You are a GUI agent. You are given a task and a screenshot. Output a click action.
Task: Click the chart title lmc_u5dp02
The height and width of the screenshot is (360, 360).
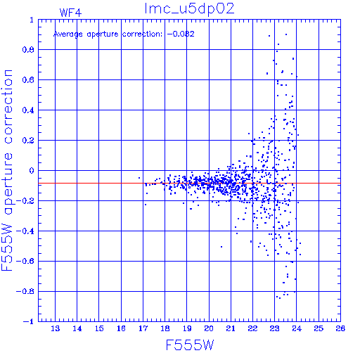[189, 9]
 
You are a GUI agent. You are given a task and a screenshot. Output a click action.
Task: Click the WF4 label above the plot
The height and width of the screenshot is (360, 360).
[70, 13]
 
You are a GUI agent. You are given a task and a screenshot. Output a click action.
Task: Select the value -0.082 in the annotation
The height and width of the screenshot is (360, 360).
[181, 34]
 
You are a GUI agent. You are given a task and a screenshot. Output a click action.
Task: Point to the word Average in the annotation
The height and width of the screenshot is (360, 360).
[68, 34]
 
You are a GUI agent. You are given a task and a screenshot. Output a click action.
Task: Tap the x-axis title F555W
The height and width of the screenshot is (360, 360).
[190, 345]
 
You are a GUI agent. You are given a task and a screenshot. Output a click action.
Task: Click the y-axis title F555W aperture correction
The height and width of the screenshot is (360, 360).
[7, 170]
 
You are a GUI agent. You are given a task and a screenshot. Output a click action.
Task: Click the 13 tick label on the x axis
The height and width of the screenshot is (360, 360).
[56, 328]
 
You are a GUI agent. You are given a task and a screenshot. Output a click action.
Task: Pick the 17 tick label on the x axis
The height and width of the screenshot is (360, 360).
[143, 328]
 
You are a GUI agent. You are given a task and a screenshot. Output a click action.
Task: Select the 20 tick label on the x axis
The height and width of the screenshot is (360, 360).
[209, 328]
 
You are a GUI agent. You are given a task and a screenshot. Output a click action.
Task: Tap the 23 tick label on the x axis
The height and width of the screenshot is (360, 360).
[275, 328]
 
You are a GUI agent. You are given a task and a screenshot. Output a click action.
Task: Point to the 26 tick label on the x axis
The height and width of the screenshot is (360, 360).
[340, 328]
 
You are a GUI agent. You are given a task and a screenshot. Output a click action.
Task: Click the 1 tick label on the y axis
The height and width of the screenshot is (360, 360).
[32, 20]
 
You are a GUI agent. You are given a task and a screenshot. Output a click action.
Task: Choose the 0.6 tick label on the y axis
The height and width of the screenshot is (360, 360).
[28, 80]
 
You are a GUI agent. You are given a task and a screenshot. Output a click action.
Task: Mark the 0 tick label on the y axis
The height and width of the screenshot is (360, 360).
[32, 171]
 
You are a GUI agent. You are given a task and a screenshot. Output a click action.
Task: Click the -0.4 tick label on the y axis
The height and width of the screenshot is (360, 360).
[25, 231]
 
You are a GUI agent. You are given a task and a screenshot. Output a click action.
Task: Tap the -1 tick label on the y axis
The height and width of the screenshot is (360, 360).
[29, 321]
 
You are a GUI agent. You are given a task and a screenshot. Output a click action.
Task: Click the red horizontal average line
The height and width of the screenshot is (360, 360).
[189, 183]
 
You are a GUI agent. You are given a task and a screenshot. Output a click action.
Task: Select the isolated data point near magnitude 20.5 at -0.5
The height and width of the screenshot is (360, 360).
[221, 247]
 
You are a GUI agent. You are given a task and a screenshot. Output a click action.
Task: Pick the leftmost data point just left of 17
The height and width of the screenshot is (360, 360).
[139, 178]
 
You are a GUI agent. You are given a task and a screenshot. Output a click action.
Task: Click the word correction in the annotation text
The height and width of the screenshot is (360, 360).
[142, 34]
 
